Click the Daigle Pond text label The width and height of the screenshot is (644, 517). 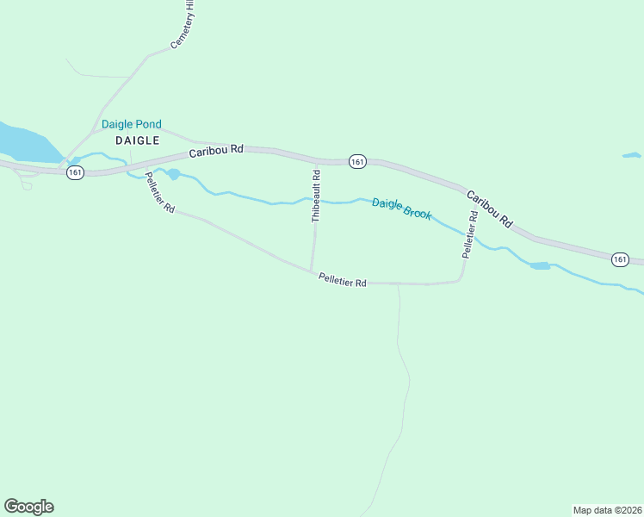click(131, 124)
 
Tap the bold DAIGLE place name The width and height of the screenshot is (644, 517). click(133, 140)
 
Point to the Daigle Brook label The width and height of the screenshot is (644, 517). click(401, 208)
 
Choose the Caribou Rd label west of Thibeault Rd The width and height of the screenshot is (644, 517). click(217, 150)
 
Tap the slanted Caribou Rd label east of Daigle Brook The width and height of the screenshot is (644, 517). click(489, 209)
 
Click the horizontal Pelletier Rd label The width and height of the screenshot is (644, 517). click(342, 280)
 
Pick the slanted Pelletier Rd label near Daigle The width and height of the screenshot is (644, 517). click(160, 193)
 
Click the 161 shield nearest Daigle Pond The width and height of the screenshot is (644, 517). click(76, 172)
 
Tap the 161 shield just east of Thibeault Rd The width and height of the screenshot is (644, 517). click(358, 161)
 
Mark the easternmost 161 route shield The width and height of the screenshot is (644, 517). click(621, 258)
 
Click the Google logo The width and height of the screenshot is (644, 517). click(28, 506)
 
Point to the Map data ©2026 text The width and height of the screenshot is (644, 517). click(607, 509)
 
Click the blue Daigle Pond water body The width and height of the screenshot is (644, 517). click(22, 141)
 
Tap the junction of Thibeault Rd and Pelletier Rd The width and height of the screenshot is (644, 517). click(311, 271)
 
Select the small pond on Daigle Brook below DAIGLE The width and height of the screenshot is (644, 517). click(173, 175)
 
